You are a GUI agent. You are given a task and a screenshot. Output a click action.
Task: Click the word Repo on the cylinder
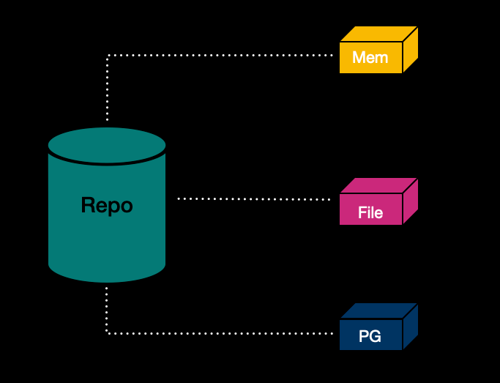tap(107, 205)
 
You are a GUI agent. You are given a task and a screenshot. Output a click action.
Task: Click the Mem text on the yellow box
tap(370, 57)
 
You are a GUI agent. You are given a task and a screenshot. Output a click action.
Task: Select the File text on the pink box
tap(370, 212)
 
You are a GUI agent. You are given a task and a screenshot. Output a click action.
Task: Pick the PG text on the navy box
tap(370, 337)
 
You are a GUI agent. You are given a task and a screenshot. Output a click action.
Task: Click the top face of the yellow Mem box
tap(378, 34)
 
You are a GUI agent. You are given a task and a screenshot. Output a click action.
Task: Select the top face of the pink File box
tap(378, 185)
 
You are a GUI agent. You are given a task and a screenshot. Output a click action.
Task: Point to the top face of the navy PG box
tap(378, 311)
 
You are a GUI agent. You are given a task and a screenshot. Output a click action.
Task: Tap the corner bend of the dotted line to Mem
tap(108, 56)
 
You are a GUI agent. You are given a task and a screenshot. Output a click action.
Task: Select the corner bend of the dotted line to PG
tap(108, 333)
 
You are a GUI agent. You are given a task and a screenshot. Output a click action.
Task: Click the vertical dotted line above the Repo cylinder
tap(108, 88)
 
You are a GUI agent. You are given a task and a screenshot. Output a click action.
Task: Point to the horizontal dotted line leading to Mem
tap(220, 56)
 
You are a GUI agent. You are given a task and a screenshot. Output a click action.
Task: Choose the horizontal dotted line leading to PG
tap(220, 333)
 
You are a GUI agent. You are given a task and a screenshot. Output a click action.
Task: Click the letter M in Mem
tap(359, 57)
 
